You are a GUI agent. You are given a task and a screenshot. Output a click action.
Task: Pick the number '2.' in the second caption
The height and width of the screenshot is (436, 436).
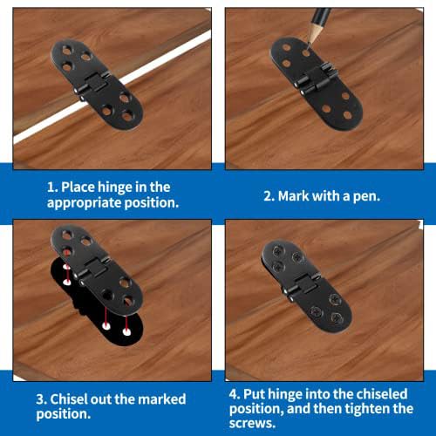coord(269,195)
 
